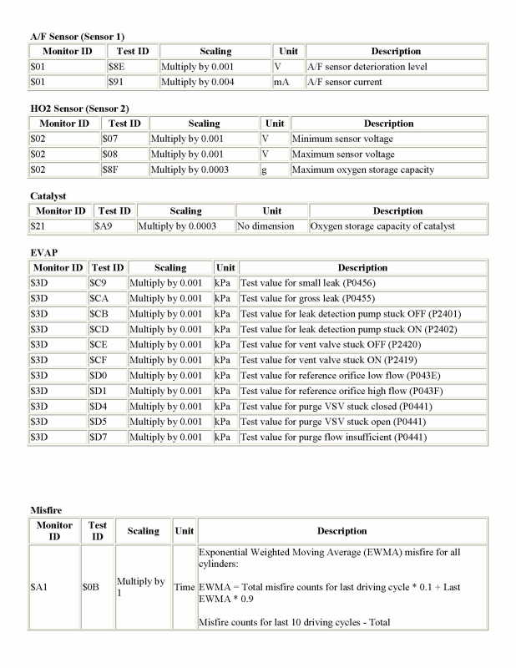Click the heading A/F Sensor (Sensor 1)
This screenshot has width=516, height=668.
77,37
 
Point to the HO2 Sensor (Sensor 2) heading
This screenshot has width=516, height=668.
79,109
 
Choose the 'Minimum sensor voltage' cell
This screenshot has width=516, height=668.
342,139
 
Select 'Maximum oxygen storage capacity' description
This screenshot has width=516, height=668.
362,170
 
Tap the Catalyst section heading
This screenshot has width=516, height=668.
48,196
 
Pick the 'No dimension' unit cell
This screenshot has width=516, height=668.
266,226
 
